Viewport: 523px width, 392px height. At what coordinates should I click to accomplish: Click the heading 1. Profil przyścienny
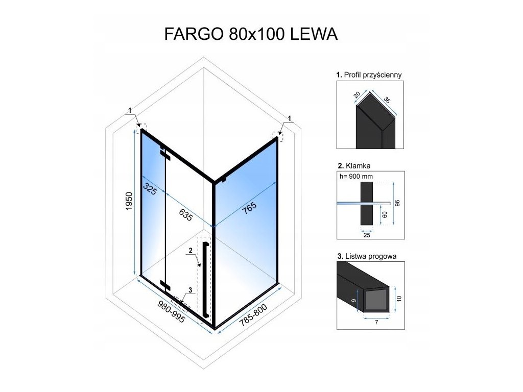coord(369,75)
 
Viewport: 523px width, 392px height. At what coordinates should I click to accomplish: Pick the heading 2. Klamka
coord(353,166)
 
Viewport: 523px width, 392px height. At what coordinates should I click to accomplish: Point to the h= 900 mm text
coord(356,177)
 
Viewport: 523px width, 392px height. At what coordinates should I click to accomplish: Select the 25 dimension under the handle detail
coord(366,235)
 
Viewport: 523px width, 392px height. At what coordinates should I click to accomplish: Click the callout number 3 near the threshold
coord(190,290)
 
